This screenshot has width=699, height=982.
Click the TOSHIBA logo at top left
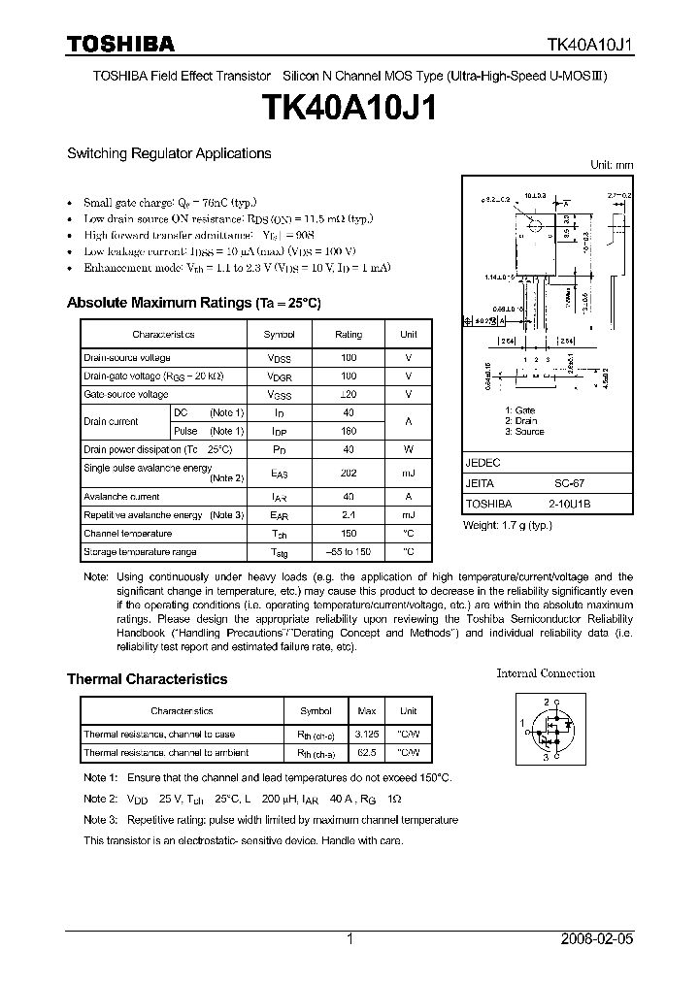120,44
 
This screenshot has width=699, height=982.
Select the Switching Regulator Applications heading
169,153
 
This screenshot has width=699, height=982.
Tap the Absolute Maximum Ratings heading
193,304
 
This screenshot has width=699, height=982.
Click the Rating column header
349,334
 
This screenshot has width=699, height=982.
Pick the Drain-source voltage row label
126,358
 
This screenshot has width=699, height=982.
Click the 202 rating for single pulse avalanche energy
349,474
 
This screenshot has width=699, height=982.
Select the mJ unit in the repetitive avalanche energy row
409,515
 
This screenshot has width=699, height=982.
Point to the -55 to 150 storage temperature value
349,552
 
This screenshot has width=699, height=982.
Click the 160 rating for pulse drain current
349,431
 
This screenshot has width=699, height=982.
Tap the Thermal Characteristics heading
147,679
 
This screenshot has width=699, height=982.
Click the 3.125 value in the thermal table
367,735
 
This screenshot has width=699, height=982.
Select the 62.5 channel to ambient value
367,752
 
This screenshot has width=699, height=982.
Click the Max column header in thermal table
367,711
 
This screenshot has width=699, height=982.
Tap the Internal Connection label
546,673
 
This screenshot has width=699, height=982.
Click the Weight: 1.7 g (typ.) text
507,525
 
